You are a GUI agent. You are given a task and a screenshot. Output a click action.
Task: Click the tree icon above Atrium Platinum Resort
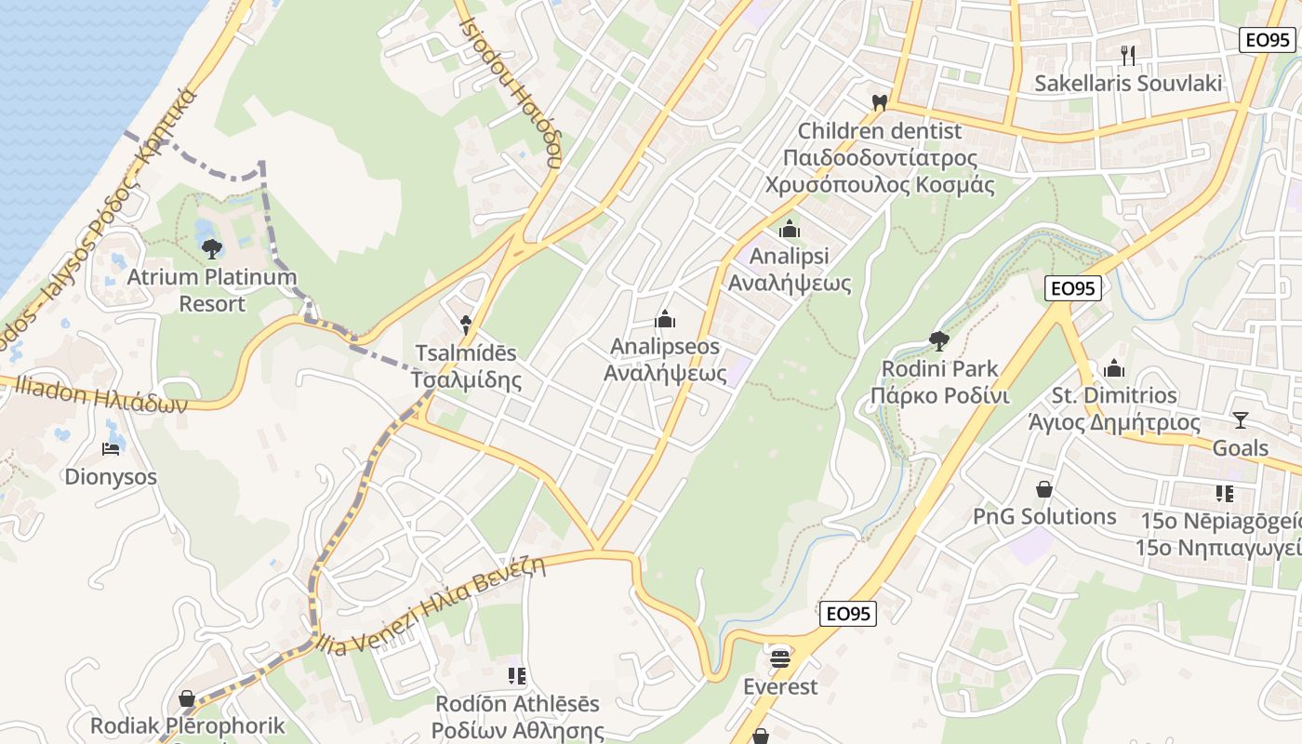coord(212,248)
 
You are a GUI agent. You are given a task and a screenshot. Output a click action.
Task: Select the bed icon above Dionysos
coord(111,449)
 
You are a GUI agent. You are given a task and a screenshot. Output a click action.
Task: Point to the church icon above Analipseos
coord(665,320)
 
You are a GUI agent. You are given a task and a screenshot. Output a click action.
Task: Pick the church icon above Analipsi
coord(790,228)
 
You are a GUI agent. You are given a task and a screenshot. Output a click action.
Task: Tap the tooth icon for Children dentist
coord(879,102)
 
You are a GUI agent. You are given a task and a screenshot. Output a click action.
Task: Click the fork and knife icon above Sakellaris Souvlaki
coord(1128,56)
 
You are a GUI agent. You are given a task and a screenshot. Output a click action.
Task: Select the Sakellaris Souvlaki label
coord(1128,84)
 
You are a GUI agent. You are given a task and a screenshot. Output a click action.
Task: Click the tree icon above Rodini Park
coord(939,341)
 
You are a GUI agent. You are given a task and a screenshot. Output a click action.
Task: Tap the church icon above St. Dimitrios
coord(1114,368)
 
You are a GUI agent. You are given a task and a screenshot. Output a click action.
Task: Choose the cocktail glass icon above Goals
coord(1240,420)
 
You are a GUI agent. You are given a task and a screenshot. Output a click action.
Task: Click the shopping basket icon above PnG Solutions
coord(1044,489)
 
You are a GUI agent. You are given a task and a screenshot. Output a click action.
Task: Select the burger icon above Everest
coord(780,658)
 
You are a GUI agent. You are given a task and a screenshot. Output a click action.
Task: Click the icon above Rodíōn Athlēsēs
coord(517,676)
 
